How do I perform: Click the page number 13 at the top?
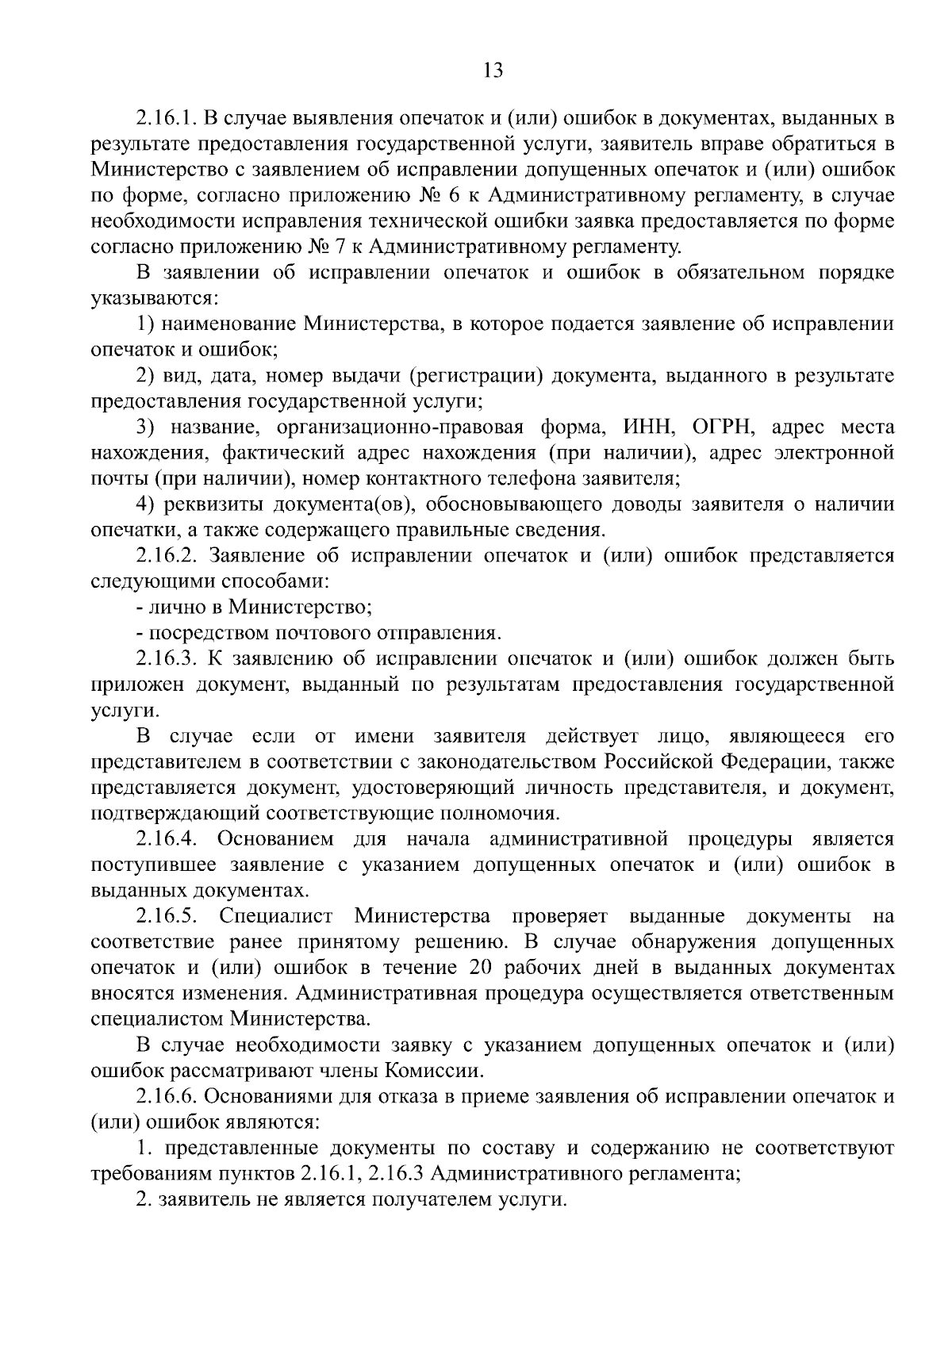[x=492, y=71]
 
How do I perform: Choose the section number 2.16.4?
[x=167, y=839]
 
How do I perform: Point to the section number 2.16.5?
[x=167, y=917]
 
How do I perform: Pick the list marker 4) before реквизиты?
[x=144, y=505]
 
